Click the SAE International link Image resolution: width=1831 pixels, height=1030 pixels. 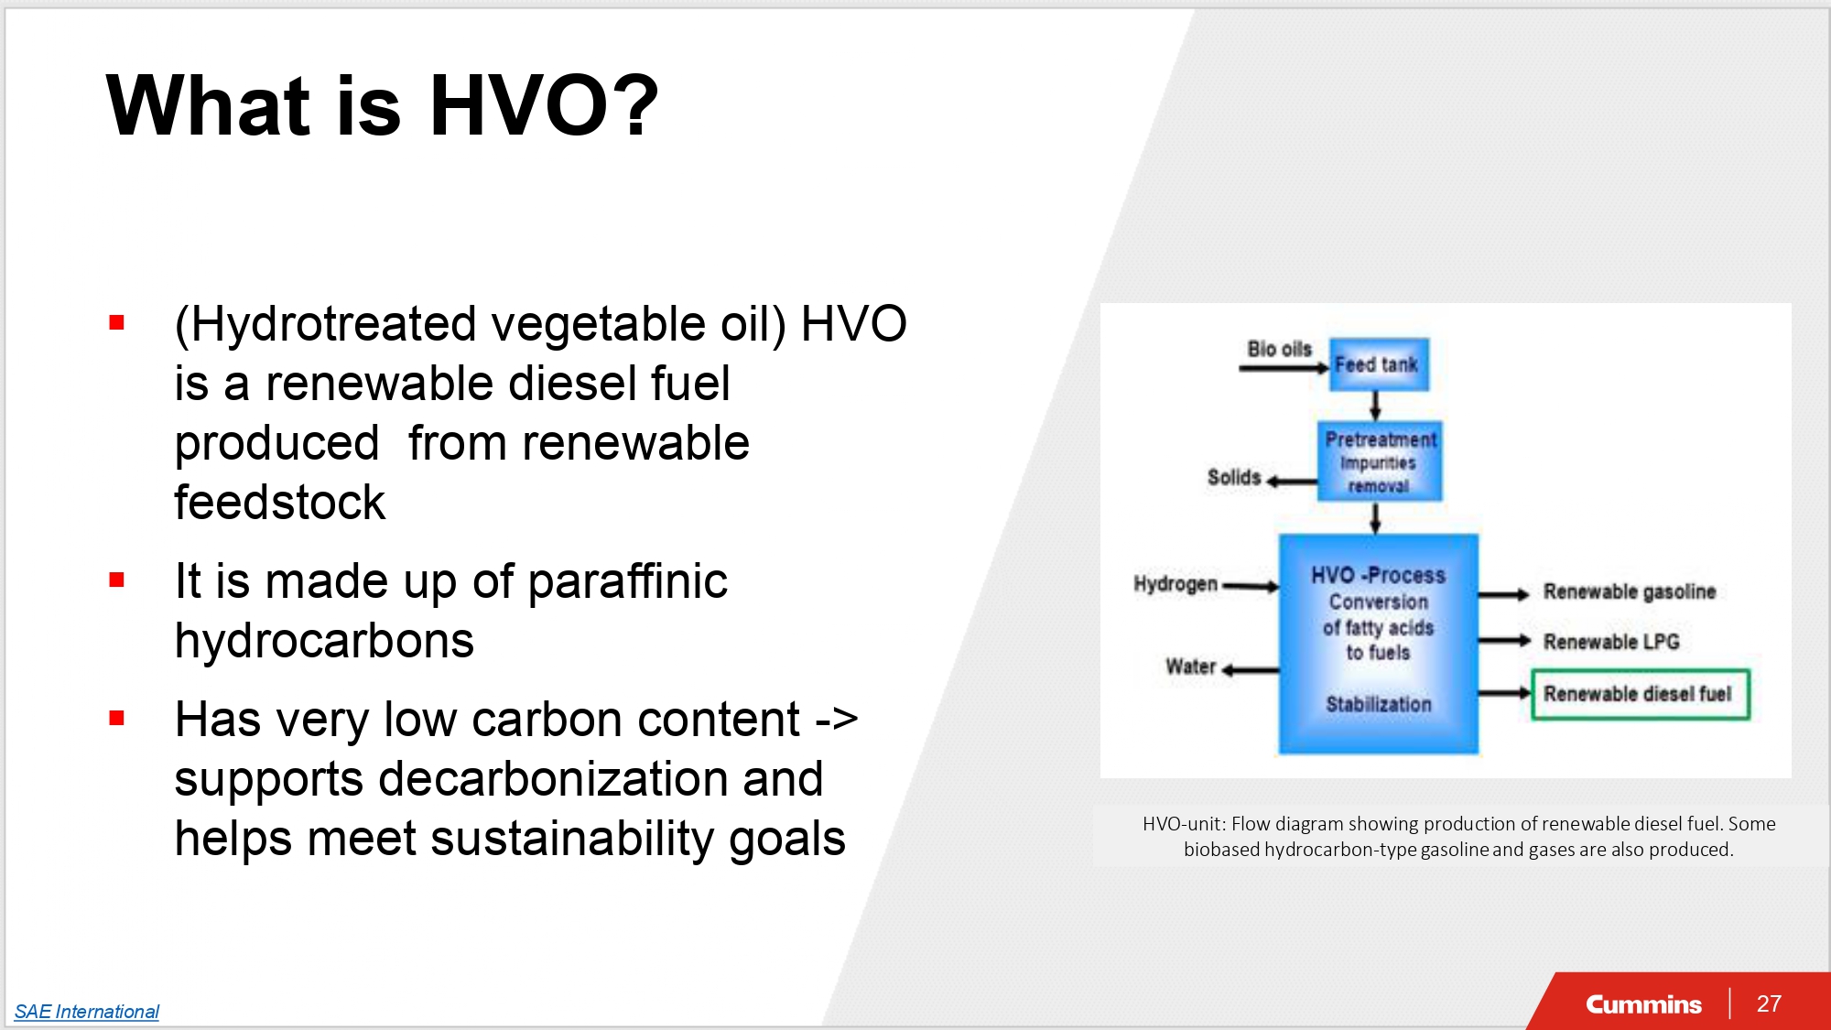point(87,1011)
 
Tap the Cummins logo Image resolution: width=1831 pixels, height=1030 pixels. point(1643,1004)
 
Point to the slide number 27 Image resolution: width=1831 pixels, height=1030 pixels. point(1769,1003)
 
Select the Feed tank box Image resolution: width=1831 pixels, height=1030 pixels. point(1379,364)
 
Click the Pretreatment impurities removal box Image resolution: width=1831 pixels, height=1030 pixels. point(1380,461)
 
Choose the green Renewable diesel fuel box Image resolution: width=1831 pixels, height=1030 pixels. point(1641,694)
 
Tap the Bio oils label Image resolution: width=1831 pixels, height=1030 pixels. point(1280,349)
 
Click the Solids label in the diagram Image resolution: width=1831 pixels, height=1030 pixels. point(1234,477)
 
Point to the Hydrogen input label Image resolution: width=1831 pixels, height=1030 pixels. point(1176,584)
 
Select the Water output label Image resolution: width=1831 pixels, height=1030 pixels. point(1190,667)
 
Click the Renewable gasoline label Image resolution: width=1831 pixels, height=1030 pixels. point(1630,591)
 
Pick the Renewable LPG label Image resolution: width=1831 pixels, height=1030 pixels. point(1611,642)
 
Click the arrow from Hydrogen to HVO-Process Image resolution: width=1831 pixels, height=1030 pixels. point(1251,586)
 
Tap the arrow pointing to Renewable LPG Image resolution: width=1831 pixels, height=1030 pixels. point(1504,641)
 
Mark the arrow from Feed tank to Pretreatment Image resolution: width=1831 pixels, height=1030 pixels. point(1375,406)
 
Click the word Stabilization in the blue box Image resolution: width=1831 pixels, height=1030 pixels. point(1379,704)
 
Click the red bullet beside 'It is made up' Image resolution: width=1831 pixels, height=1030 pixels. point(116,580)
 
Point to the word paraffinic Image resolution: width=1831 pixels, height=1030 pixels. point(628,582)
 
